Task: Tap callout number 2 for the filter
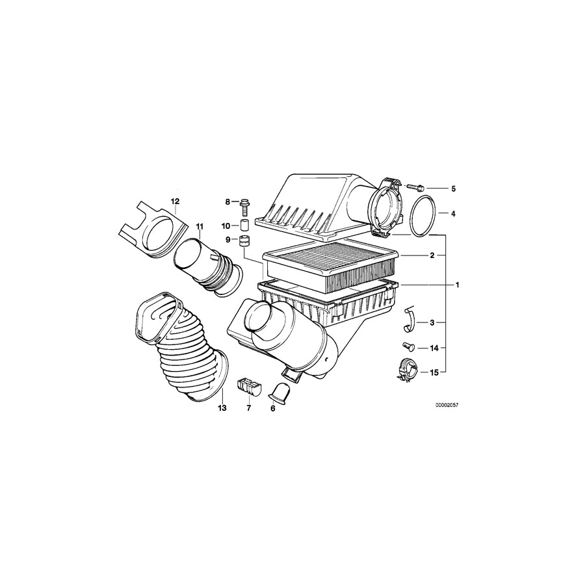coord(432,256)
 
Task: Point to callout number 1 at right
coord(457,285)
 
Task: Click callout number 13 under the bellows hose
coord(221,408)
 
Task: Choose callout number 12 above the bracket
coord(174,201)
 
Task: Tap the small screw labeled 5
coord(417,187)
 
